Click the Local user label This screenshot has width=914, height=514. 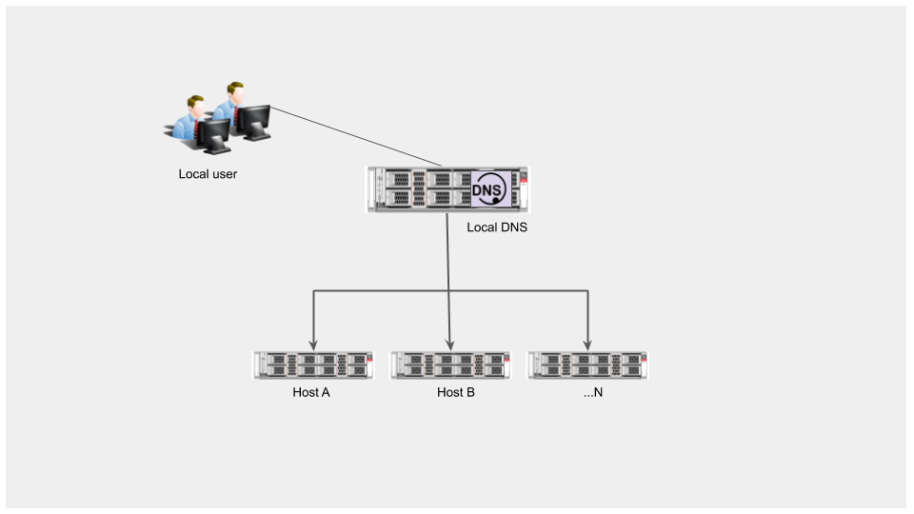pos(208,173)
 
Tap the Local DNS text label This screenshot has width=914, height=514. pos(497,227)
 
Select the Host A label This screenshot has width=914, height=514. pos(311,392)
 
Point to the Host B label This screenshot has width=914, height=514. pos(456,392)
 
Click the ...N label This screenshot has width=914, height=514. pos(593,392)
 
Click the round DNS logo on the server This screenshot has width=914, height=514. pos(487,188)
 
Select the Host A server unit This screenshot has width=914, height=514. pos(313,366)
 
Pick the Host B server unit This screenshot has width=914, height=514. pos(450,366)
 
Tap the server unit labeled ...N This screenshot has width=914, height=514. pos(587,366)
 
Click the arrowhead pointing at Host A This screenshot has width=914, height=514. pos(313,345)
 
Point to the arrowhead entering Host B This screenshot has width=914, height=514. pos(449,345)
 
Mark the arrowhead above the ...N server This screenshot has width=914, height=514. pos(587,345)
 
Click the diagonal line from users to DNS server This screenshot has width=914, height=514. pos(356,136)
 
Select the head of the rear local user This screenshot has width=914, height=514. pos(235,92)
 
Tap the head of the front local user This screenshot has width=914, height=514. pos(196,106)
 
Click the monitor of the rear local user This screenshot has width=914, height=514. pos(253,122)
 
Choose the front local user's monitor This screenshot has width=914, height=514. pos(214,136)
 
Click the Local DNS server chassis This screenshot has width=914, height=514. pos(447,189)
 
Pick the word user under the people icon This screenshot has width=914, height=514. pos(225,173)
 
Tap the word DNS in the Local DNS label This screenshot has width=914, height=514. pos(513,227)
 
